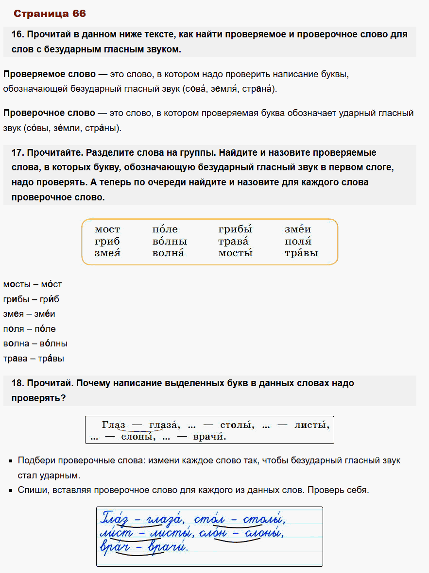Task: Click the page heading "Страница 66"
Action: tap(50, 14)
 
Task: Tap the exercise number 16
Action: tap(17, 35)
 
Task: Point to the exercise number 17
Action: tap(17, 153)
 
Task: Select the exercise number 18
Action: tap(17, 383)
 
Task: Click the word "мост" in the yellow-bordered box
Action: tap(107, 229)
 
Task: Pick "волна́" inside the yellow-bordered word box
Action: tap(168, 253)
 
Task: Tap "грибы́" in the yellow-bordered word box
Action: tap(235, 229)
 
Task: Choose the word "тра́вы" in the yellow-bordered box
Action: tap(301, 253)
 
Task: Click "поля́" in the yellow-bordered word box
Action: tap(298, 241)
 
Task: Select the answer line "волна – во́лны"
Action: tap(35, 344)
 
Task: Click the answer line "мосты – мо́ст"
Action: tap(32, 284)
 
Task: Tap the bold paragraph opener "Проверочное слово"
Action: tap(49, 113)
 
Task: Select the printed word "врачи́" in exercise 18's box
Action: tap(210, 437)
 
